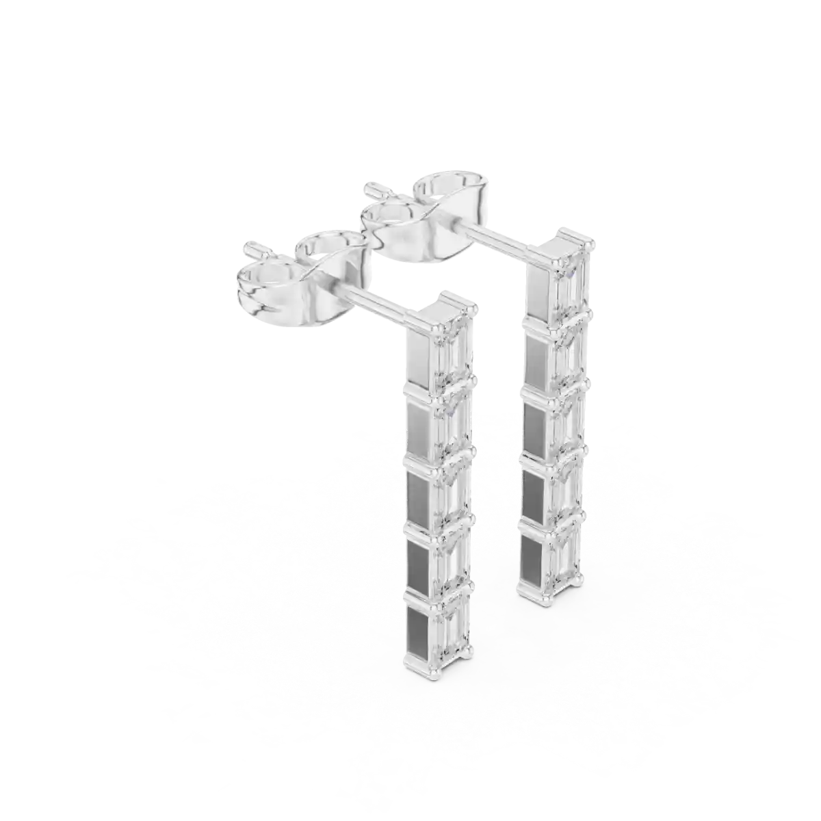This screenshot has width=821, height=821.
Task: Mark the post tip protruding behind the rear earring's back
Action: coord(374,187)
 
